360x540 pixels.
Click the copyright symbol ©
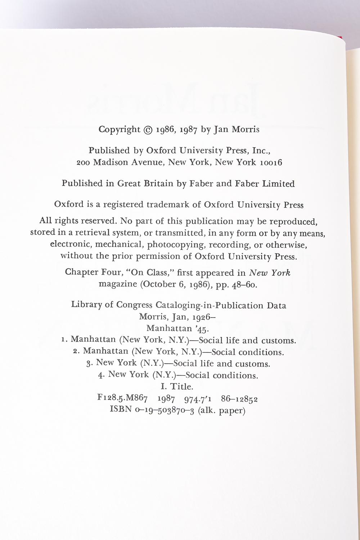click(148, 130)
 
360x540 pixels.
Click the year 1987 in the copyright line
click(189, 130)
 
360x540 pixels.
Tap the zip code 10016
click(271, 163)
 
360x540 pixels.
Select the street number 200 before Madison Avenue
click(83, 163)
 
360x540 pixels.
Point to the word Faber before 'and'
click(201, 184)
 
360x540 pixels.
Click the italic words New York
click(270, 273)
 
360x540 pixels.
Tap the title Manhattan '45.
click(177, 329)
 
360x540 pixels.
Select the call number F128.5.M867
click(122, 398)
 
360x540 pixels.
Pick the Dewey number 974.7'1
click(198, 399)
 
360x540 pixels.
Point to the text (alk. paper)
click(222, 410)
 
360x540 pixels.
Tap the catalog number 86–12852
click(239, 399)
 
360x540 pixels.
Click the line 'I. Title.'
click(177, 387)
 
